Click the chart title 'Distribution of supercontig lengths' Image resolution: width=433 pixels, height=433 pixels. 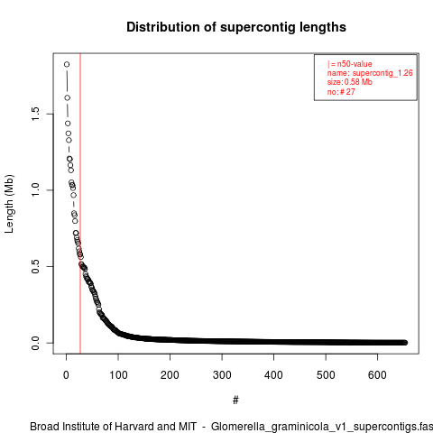click(236, 27)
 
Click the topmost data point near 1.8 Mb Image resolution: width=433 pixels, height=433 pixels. click(67, 64)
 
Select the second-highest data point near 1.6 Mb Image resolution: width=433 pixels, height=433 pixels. click(68, 97)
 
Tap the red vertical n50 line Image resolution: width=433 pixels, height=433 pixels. click(80, 203)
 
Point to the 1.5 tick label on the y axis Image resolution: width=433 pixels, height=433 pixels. click(35, 114)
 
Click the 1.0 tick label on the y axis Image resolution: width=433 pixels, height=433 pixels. click(35, 190)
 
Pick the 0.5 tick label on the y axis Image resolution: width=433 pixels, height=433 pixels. click(35, 266)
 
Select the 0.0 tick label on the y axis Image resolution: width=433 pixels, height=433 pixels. click(35, 343)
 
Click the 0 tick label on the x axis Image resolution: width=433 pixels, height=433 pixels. click(66, 375)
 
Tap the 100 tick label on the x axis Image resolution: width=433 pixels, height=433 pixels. click(118, 375)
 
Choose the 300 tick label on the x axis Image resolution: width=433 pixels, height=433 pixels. click(222, 375)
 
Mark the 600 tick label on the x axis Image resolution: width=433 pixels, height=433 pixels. click(377, 375)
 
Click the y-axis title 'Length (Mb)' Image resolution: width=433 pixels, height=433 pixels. click(9, 204)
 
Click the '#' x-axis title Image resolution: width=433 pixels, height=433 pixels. click(235, 401)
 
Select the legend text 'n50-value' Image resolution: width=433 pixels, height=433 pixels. click(355, 64)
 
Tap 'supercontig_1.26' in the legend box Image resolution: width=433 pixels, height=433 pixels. click(382, 73)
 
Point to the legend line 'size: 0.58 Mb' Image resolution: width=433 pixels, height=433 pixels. click(350, 82)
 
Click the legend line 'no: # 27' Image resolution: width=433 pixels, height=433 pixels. click(341, 91)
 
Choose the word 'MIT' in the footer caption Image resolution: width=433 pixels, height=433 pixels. click(188, 427)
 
